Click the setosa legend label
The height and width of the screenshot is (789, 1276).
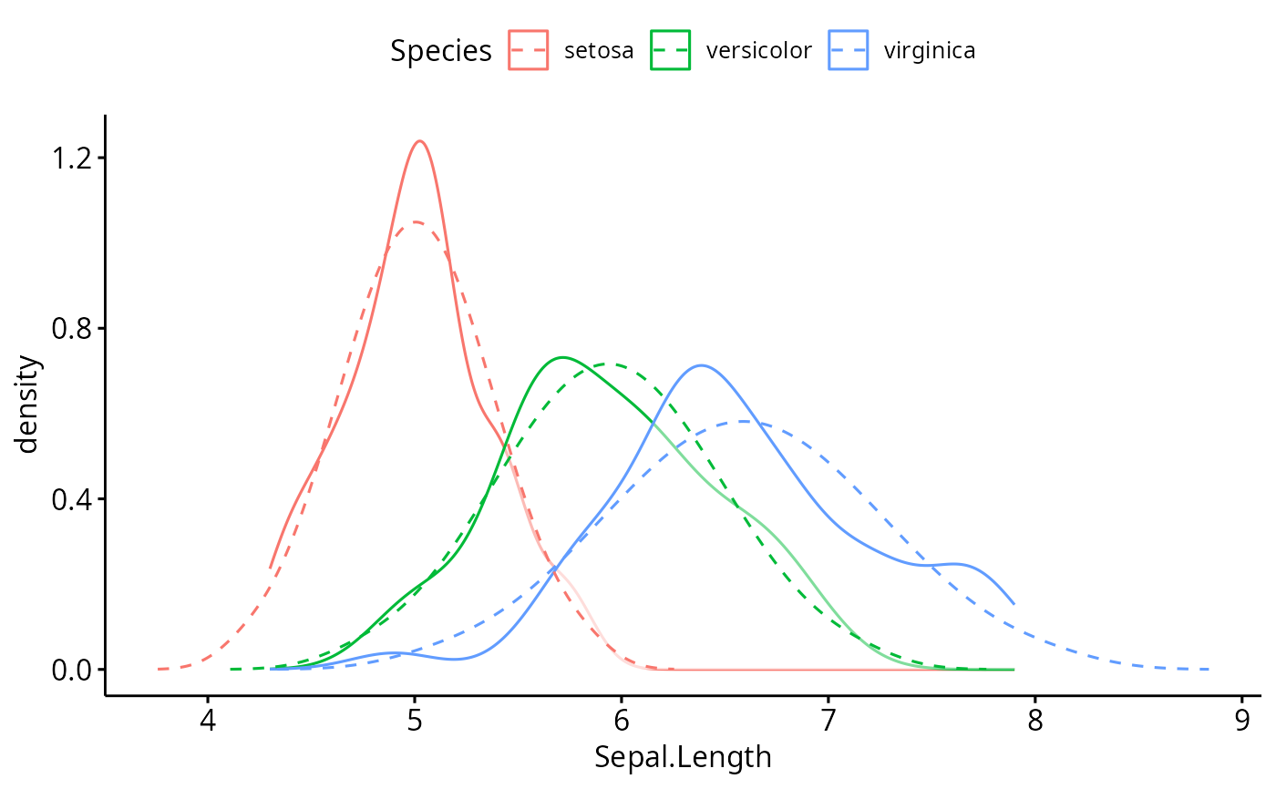click(599, 50)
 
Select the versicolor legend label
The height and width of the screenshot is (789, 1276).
click(758, 50)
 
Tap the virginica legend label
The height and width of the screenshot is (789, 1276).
click(930, 50)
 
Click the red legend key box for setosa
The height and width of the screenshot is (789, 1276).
click(528, 50)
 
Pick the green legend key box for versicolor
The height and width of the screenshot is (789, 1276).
click(670, 50)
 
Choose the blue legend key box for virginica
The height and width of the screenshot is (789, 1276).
click(848, 50)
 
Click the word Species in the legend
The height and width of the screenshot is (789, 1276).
click(441, 51)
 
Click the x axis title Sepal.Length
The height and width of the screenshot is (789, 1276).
click(683, 757)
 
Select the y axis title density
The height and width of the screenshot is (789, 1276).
click(29, 404)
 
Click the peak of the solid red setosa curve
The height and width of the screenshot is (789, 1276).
click(419, 141)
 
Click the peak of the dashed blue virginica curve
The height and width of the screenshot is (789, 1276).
click(745, 421)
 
